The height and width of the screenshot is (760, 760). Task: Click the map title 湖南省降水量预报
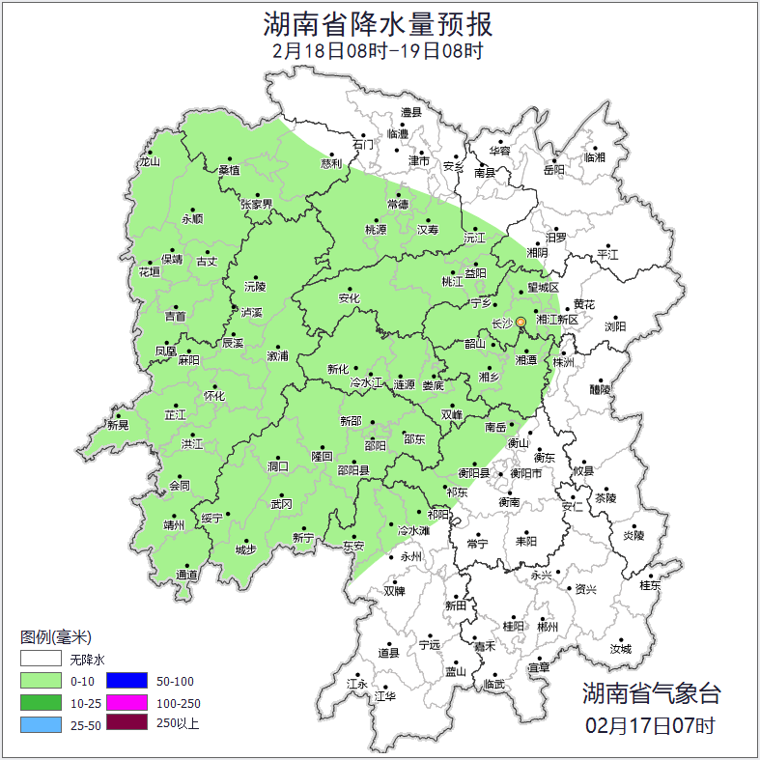[380, 23]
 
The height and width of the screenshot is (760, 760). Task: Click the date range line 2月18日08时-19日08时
[380, 50]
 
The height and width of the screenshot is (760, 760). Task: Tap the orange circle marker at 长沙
[521, 322]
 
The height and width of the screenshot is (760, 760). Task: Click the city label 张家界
[257, 205]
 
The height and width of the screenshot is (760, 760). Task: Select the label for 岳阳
[553, 170]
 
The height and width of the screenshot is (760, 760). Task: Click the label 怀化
[213, 396]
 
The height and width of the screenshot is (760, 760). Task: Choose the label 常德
[398, 205]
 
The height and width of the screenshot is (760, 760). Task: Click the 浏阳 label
[615, 326]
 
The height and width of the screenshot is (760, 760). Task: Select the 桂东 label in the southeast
[651, 584]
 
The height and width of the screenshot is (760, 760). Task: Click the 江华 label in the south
[385, 695]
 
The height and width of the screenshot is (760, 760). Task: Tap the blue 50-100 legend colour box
[127, 682]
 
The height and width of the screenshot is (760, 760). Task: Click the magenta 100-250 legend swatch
[127, 702]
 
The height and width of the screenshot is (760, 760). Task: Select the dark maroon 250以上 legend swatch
[127, 722]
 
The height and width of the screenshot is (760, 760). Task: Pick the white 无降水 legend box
[41, 661]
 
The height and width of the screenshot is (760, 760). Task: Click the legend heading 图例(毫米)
[55, 637]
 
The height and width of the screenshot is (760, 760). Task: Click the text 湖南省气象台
[650, 692]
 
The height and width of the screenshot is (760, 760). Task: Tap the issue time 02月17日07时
[650, 723]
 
